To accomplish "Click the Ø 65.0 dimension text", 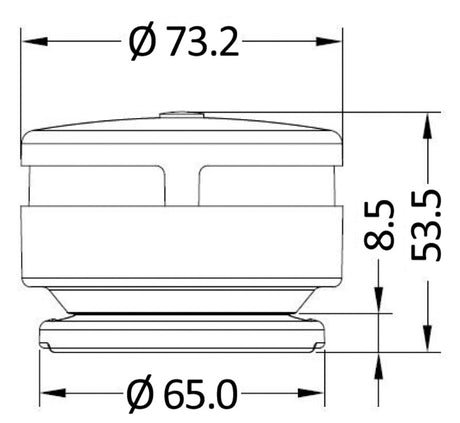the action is (183, 393).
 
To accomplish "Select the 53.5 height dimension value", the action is (426, 225).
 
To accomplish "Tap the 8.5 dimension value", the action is (379, 225).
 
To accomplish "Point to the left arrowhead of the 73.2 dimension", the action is (34, 41).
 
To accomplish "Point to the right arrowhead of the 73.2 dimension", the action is (329, 41).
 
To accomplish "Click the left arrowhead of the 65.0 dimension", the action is (53, 393).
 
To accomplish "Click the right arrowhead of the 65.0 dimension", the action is (311, 393).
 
